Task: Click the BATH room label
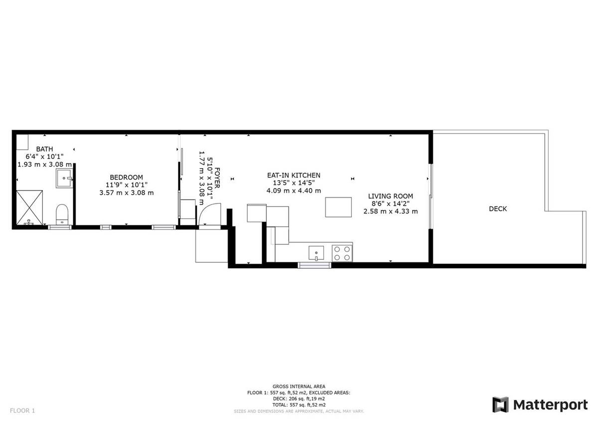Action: click(x=44, y=149)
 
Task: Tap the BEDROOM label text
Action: click(x=126, y=177)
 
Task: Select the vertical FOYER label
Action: click(x=217, y=178)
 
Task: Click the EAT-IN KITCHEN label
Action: click(x=294, y=175)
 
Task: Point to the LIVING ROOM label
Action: click(x=391, y=196)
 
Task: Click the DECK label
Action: click(x=498, y=209)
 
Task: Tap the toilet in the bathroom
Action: click(x=62, y=214)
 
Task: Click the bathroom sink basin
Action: click(x=64, y=178)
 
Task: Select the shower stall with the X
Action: click(x=29, y=208)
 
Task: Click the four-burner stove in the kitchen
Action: click(x=342, y=253)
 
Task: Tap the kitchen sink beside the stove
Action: click(x=316, y=253)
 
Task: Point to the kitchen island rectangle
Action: click(x=338, y=207)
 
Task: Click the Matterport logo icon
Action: click(x=500, y=405)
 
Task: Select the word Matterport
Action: click(x=551, y=405)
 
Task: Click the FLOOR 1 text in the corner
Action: click(x=22, y=411)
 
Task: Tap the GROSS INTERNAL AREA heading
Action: click(x=299, y=387)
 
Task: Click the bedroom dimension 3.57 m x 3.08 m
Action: click(x=127, y=193)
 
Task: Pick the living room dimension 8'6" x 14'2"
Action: click(x=391, y=204)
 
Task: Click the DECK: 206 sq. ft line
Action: click(x=299, y=399)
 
